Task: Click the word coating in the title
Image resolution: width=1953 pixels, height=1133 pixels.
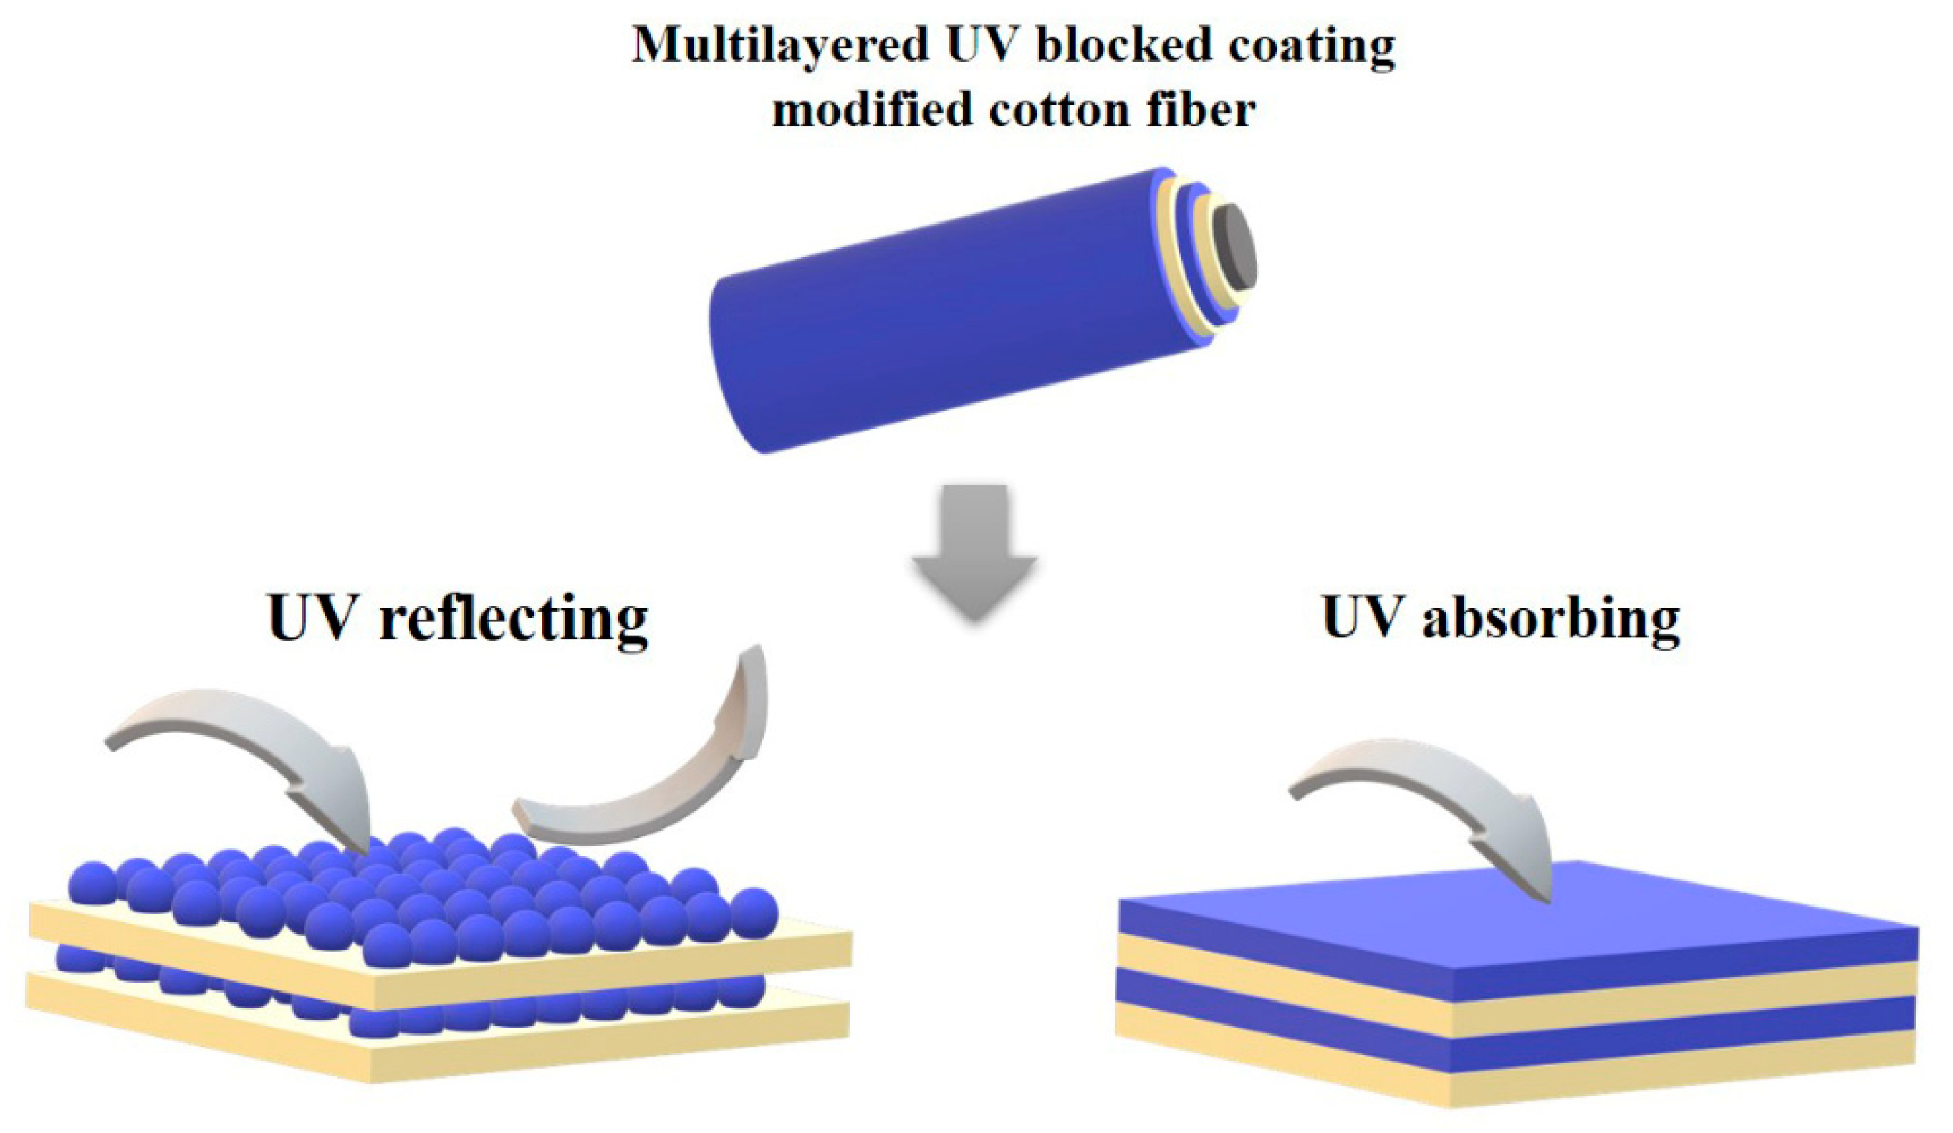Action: (x=1310, y=47)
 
